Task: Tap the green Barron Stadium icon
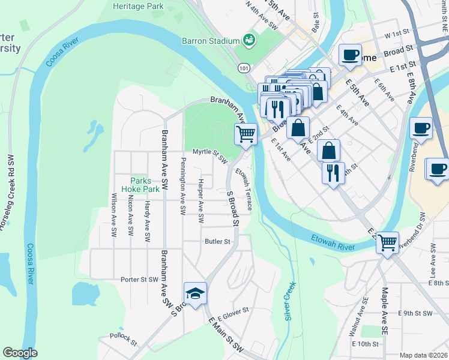tap(249, 40)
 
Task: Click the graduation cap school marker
tap(195, 293)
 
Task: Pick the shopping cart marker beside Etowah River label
tap(387, 242)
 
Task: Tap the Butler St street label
tap(218, 241)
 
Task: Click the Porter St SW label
tap(139, 279)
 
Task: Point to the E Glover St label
tap(233, 314)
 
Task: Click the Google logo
tap(20, 353)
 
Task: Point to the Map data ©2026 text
tap(423, 355)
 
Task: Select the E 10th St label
tap(367, 344)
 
